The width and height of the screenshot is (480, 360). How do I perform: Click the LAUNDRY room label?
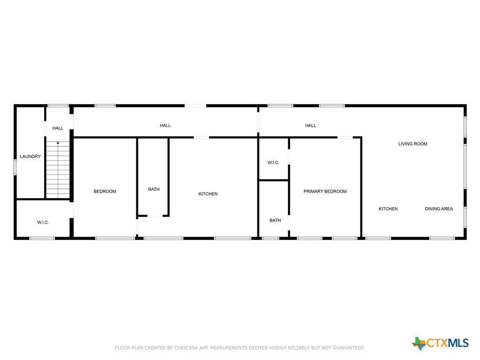pos(30,157)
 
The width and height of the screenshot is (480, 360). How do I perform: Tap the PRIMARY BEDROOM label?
pos(325,191)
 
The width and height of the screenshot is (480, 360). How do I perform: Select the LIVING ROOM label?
pos(412,144)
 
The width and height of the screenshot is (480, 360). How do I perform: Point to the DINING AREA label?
pos(439,209)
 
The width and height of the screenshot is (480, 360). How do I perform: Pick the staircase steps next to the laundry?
pos(58,170)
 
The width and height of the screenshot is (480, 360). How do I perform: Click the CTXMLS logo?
pos(440,343)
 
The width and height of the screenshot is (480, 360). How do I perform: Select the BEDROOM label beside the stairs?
pos(105,191)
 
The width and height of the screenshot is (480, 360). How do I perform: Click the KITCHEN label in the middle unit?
pos(208,194)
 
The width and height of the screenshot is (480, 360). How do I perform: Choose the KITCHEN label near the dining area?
pos(388,209)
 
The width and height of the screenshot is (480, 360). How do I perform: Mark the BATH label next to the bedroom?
pos(154,189)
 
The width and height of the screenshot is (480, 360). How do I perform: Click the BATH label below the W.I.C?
pos(275,220)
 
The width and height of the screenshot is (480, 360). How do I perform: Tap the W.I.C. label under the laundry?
pos(43,222)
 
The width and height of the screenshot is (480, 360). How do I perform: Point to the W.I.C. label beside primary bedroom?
pos(273,163)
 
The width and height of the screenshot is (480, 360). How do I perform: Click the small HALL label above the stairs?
pos(58,128)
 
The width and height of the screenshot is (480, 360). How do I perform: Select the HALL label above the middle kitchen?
pos(165,126)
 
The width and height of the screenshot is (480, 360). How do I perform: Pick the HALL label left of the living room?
pos(310,126)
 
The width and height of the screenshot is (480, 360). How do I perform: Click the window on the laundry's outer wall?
pos(15,167)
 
